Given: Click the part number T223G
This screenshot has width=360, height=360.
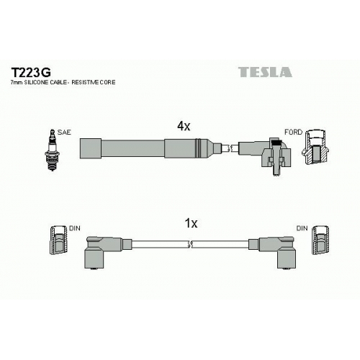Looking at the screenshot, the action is [x=31, y=71].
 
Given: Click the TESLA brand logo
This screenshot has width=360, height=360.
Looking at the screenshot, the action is [x=265, y=72].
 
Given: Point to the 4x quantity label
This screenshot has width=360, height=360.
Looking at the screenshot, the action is [x=184, y=126].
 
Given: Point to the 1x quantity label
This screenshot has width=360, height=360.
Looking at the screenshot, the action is [x=191, y=223].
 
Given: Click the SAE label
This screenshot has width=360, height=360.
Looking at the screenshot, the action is [x=64, y=132].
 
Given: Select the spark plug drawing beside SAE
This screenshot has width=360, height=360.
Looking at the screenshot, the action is [x=52, y=150].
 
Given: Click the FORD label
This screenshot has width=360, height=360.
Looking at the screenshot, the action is [x=293, y=132].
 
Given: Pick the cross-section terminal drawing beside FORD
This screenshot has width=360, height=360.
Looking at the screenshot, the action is [x=315, y=147].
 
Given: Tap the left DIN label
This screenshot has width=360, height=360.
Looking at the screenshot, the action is [x=75, y=228].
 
